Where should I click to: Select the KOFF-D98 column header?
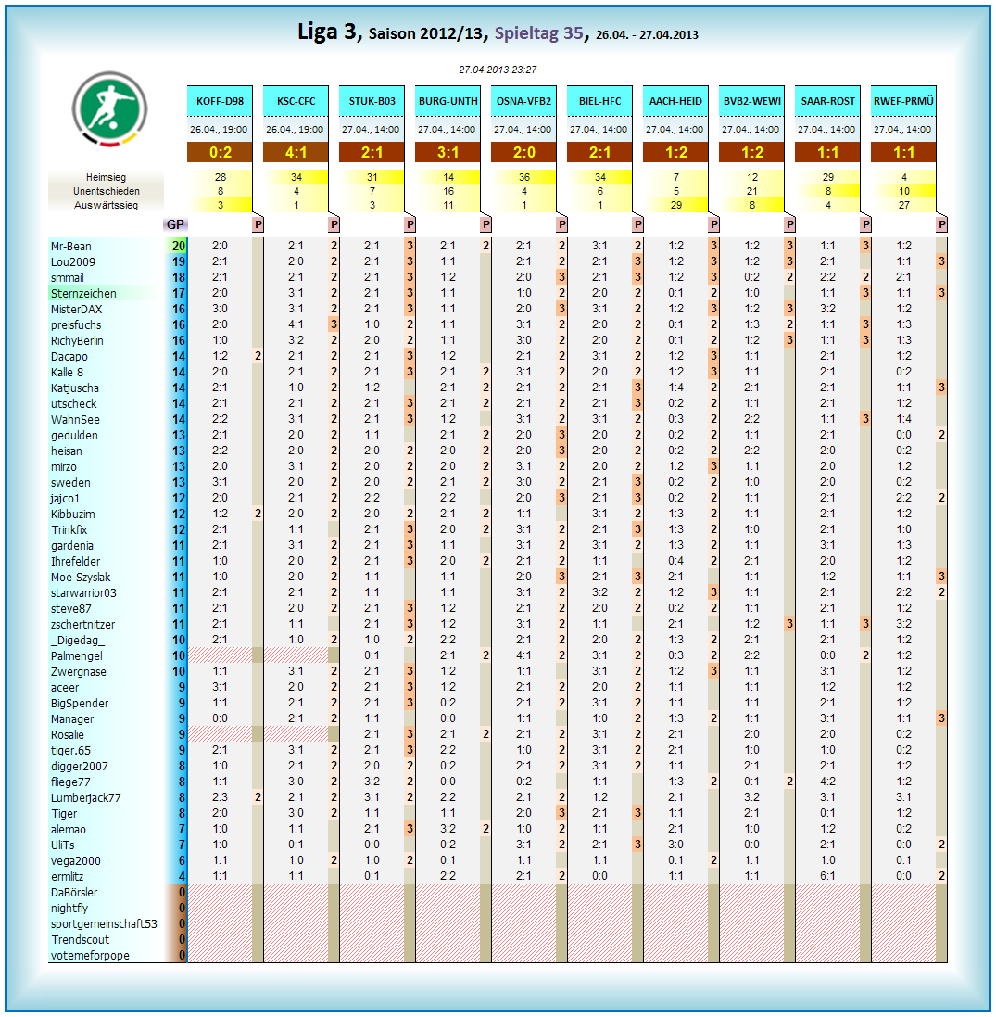(x=221, y=101)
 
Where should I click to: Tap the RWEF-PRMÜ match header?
(x=903, y=101)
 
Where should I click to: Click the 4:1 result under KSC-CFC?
(x=296, y=153)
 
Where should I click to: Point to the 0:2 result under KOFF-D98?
(x=221, y=153)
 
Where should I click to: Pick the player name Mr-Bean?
(x=71, y=247)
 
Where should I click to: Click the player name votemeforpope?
(x=90, y=956)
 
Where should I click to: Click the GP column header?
(x=175, y=224)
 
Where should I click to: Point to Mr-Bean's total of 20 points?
(x=178, y=247)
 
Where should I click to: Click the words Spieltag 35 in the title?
(x=539, y=33)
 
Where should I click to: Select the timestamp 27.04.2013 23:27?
(x=498, y=69)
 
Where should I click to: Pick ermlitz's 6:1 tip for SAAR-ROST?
(x=827, y=877)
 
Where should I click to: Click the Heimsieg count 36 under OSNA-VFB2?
(x=523, y=176)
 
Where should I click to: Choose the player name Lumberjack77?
(x=86, y=798)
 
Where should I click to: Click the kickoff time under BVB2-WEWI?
(x=751, y=130)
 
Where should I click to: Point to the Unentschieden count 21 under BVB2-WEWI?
(x=751, y=191)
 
